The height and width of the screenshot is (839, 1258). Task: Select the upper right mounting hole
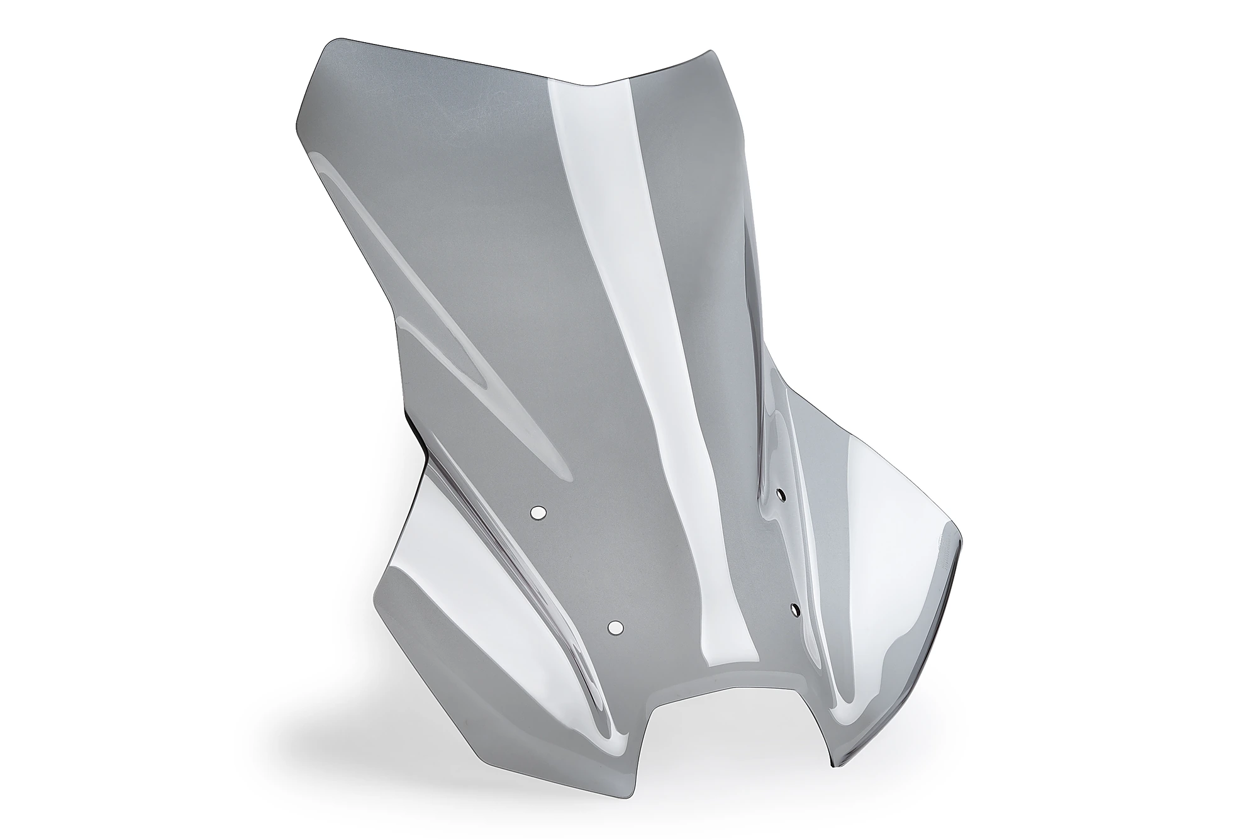(781, 495)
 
